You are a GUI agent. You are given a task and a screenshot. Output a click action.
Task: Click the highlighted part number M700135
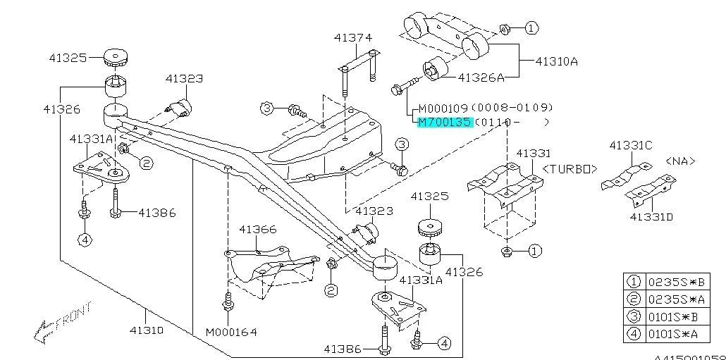tap(444, 122)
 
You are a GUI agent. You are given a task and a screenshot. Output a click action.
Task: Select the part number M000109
tap(444, 108)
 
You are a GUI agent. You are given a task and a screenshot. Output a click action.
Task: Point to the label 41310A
tap(556, 61)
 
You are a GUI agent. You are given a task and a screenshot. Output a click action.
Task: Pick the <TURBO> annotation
tap(570, 169)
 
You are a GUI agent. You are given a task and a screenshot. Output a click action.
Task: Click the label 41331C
tap(631, 145)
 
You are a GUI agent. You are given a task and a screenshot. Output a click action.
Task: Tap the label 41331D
tap(651, 217)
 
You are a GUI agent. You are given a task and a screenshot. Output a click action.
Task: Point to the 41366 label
tap(257, 230)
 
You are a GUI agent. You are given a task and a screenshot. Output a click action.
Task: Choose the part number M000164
tap(231, 332)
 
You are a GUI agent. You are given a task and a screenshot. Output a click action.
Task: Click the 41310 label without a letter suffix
tap(146, 330)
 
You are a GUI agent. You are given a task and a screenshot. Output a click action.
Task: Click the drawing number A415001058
tap(694, 357)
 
